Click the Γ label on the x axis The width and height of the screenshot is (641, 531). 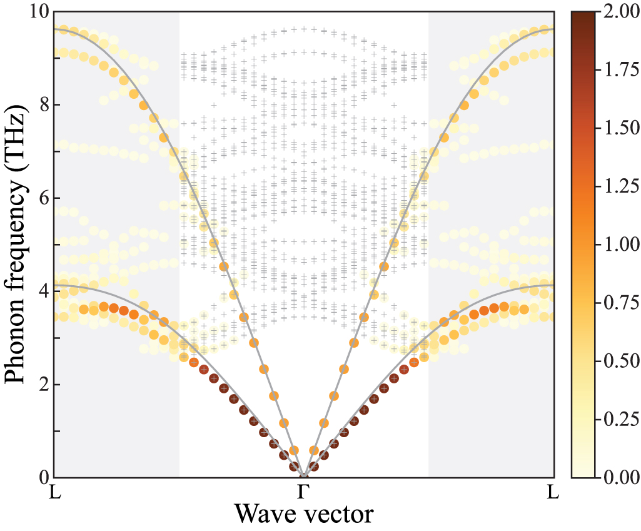303,493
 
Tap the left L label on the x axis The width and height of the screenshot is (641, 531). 55,493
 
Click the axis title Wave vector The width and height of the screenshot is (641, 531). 304,515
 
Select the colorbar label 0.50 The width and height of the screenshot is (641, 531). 617,362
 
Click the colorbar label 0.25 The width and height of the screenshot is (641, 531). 617,420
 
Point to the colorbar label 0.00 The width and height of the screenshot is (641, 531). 617,478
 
